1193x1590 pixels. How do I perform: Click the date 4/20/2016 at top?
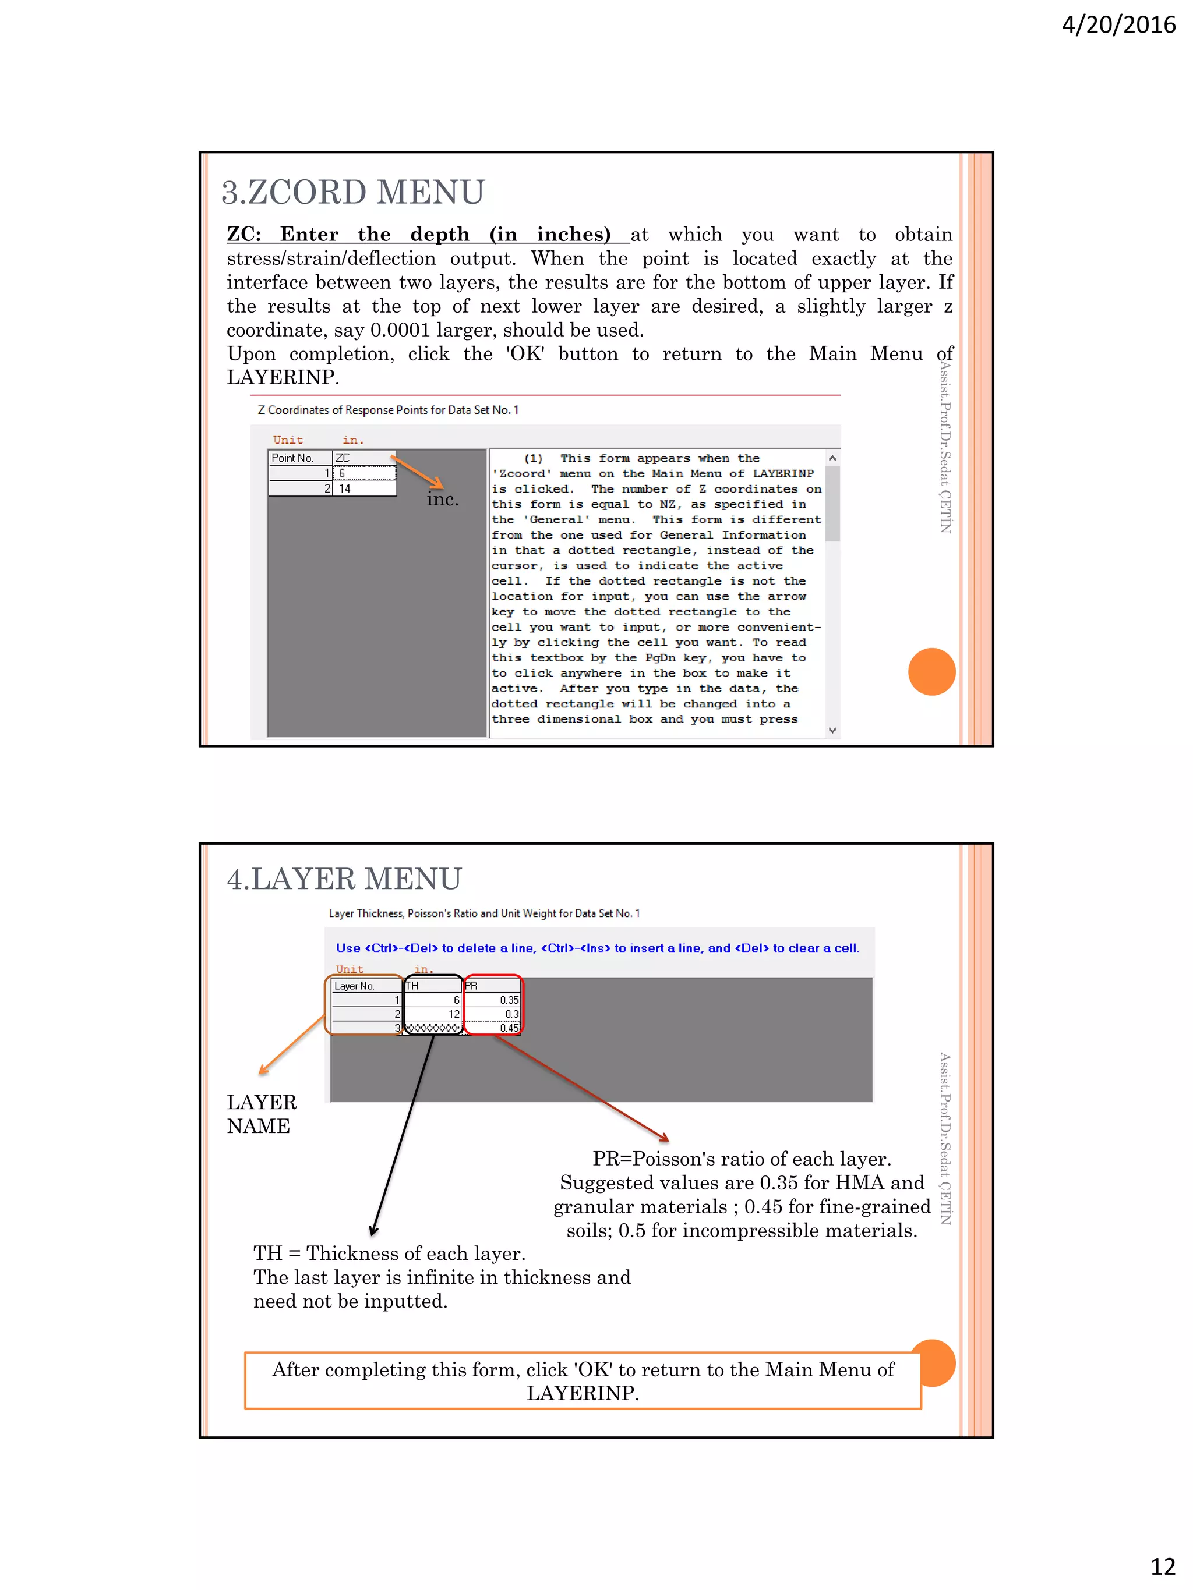pyautogui.click(x=1118, y=25)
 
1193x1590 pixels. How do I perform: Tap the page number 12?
pyautogui.click(x=1162, y=1565)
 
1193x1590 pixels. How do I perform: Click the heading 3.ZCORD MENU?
pyautogui.click(x=352, y=192)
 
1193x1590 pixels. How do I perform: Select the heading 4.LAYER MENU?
pyautogui.click(x=344, y=879)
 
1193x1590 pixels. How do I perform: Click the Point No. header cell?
pyautogui.click(x=299, y=458)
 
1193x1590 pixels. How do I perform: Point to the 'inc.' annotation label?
pyautogui.click(x=442, y=499)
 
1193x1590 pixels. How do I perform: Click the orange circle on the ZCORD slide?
pyautogui.click(x=931, y=671)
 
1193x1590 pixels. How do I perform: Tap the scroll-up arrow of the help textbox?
pyautogui.click(x=832, y=458)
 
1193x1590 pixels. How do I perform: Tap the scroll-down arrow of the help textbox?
pyautogui.click(x=832, y=730)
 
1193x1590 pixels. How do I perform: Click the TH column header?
pyautogui.click(x=432, y=986)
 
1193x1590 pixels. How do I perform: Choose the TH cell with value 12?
pyautogui.click(x=433, y=1014)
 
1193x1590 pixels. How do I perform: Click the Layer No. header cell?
pyautogui.click(x=365, y=986)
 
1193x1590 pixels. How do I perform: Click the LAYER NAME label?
pyautogui.click(x=261, y=1113)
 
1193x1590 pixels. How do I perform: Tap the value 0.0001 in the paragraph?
pyautogui.click(x=399, y=330)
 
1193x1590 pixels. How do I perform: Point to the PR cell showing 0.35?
pyautogui.click(x=493, y=1000)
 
